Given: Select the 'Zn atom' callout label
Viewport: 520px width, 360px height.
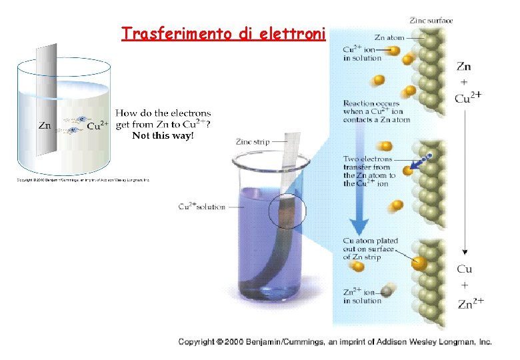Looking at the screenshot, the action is [x=389, y=38].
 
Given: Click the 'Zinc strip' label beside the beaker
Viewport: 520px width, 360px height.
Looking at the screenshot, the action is [x=252, y=141].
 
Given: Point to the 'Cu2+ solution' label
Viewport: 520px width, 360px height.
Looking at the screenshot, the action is [x=202, y=207].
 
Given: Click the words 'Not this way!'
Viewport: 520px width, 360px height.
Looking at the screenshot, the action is [x=163, y=136].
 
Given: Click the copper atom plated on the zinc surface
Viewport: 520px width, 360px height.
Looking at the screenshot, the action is [x=419, y=261].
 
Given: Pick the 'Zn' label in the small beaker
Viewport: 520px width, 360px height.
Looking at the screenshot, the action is [x=44, y=125].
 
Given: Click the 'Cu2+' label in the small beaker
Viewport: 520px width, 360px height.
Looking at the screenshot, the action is [x=99, y=125].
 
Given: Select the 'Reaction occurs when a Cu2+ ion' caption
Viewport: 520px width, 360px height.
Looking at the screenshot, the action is [x=376, y=111].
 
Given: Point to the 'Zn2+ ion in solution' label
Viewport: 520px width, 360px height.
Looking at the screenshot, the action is [x=362, y=295].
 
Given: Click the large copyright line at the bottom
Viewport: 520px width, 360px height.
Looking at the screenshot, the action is [x=335, y=342].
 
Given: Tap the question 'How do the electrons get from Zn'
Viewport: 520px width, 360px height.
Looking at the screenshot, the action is [x=163, y=119].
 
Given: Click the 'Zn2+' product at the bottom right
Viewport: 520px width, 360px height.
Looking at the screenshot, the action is [x=471, y=303].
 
